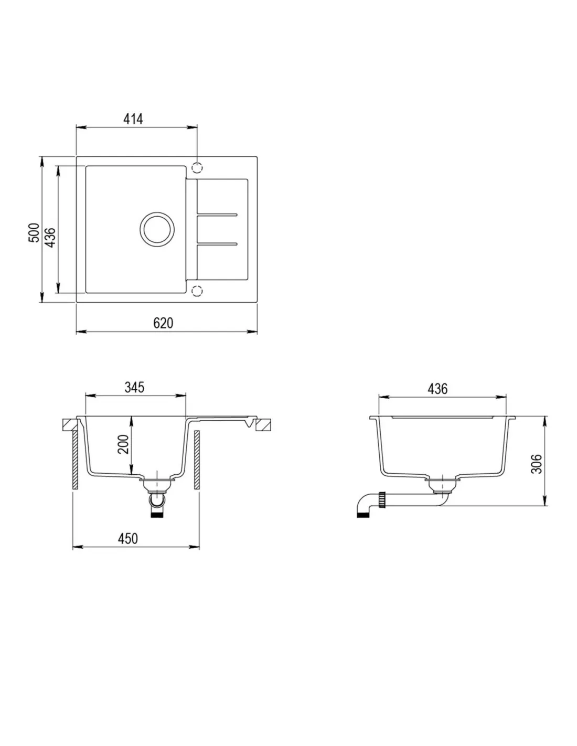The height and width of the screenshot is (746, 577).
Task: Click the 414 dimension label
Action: (133, 119)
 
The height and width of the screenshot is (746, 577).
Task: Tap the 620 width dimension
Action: (163, 323)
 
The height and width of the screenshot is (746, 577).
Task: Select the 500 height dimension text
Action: (34, 233)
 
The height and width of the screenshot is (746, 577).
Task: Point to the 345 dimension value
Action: (134, 387)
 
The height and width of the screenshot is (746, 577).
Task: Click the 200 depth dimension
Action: (123, 444)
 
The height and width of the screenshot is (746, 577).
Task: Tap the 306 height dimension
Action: (536, 464)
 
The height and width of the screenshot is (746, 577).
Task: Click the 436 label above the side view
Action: (437, 389)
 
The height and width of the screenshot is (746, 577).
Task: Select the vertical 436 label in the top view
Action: (50, 237)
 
